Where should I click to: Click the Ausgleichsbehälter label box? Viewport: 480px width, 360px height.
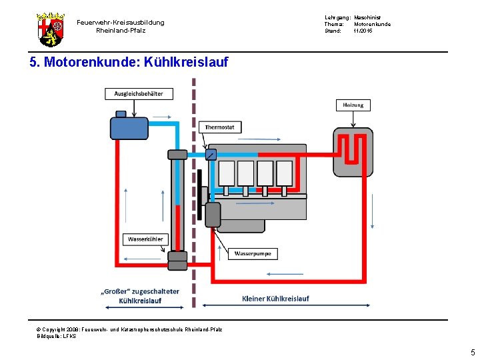coord(138,93)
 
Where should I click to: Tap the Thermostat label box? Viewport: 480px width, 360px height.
coord(219,127)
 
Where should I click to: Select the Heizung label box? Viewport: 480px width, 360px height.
coord(353,105)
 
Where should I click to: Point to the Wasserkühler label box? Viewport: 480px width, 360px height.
coord(145,239)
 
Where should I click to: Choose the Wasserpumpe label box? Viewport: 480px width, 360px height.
coord(253,253)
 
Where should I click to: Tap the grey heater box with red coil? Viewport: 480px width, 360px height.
coord(353,153)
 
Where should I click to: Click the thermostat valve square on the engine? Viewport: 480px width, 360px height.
coord(211,155)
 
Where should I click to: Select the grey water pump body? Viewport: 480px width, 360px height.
coord(213,215)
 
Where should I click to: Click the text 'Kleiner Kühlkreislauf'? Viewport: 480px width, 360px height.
coord(275,298)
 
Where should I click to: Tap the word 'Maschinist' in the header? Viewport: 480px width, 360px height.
coord(367,17)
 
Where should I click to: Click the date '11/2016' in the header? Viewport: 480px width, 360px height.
coord(363,31)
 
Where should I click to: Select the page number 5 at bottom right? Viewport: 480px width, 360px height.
coord(472,352)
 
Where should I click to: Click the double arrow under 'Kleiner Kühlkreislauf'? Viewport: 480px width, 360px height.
coord(275,306)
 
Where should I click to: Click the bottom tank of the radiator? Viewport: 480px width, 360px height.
coord(177,260)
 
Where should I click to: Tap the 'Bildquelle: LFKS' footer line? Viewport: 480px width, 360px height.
coord(57,336)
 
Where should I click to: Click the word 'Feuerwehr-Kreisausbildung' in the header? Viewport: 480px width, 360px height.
coord(120,23)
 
